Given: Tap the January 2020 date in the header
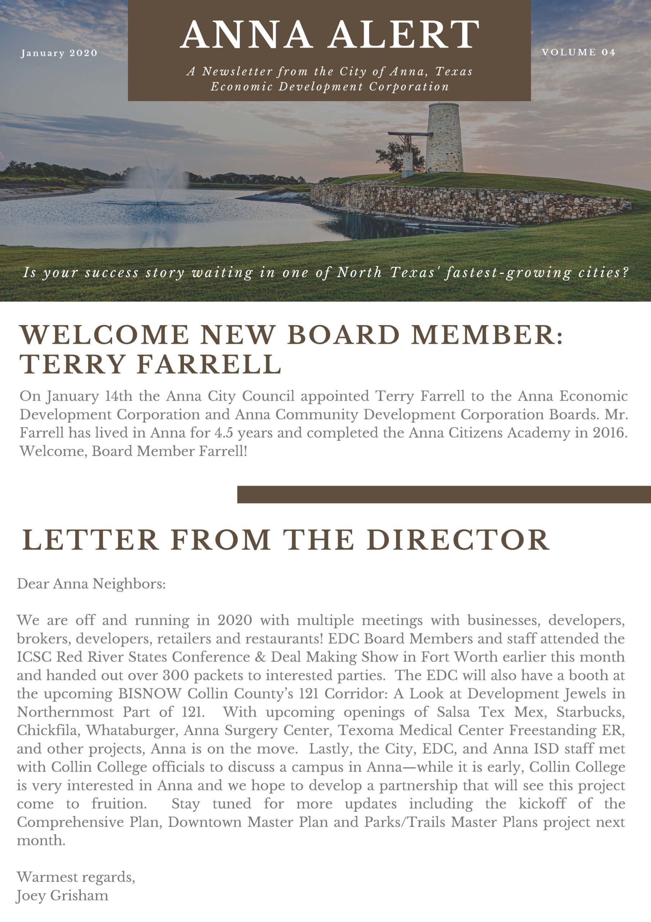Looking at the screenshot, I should coord(59,53).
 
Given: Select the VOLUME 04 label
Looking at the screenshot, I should coord(578,52).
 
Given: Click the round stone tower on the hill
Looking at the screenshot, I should coord(445,139).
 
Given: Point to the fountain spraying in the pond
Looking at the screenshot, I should coord(157,183).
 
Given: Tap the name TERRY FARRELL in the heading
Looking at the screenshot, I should coord(150,364).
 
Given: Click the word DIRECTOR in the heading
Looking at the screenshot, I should coord(457,540).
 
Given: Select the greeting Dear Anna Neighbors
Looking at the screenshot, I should coord(91,583).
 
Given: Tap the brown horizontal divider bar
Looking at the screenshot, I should coord(443,494).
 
